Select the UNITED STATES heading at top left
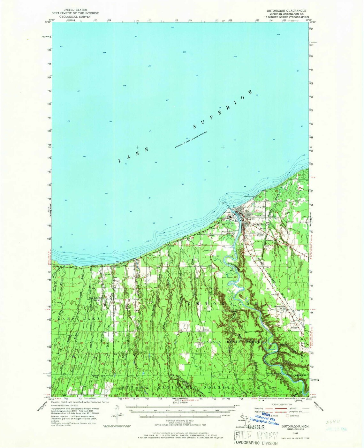(75, 10)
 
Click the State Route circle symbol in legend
(287, 416)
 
